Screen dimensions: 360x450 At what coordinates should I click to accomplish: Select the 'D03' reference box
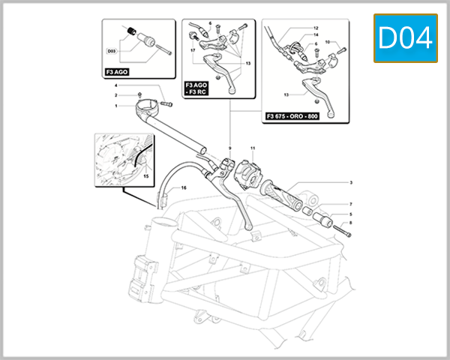(112, 51)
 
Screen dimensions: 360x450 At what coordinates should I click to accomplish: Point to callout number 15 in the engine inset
(146, 176)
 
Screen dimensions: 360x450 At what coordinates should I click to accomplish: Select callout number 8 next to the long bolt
(349, 223)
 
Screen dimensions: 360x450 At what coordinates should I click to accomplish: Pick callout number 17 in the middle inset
(193, 51)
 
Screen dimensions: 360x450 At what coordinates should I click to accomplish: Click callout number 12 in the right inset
(316, 28)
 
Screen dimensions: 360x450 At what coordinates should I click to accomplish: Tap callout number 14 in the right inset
(316, 35)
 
